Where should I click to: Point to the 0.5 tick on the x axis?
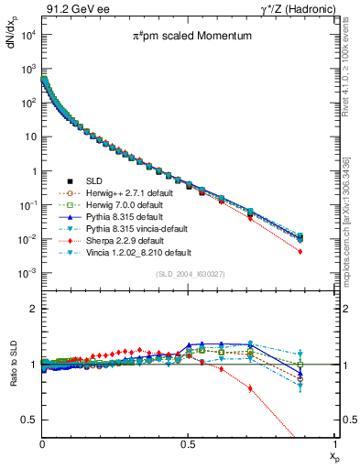(x=189, y=442)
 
